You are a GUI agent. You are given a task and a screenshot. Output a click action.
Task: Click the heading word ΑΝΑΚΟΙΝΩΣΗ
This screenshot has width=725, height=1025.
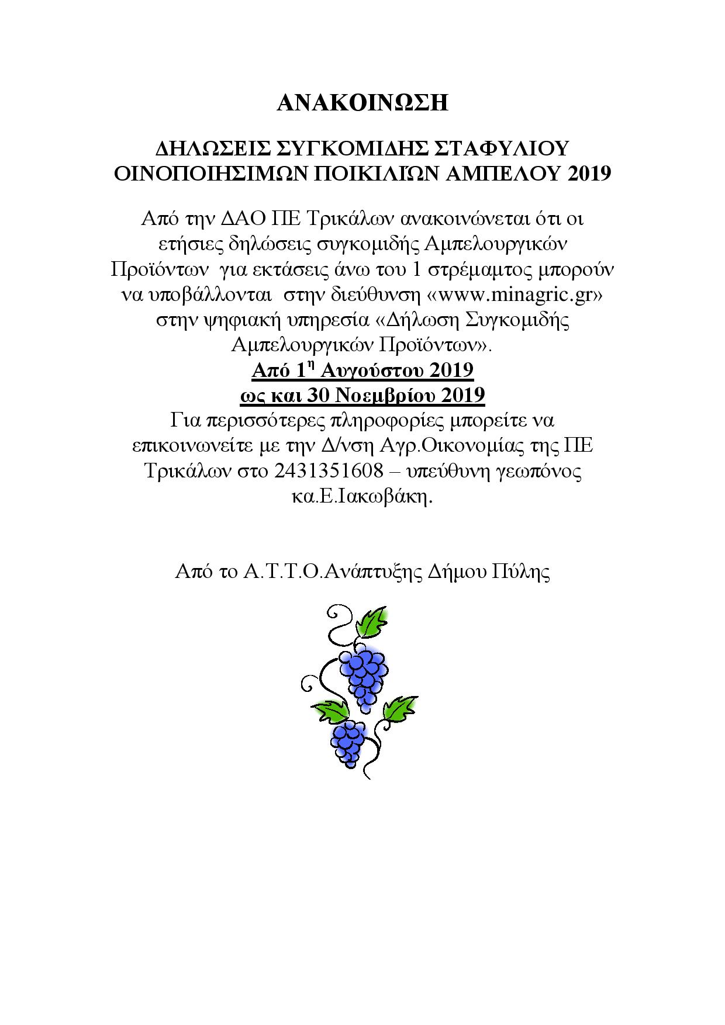pyautogui.click(x=362, y=102)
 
